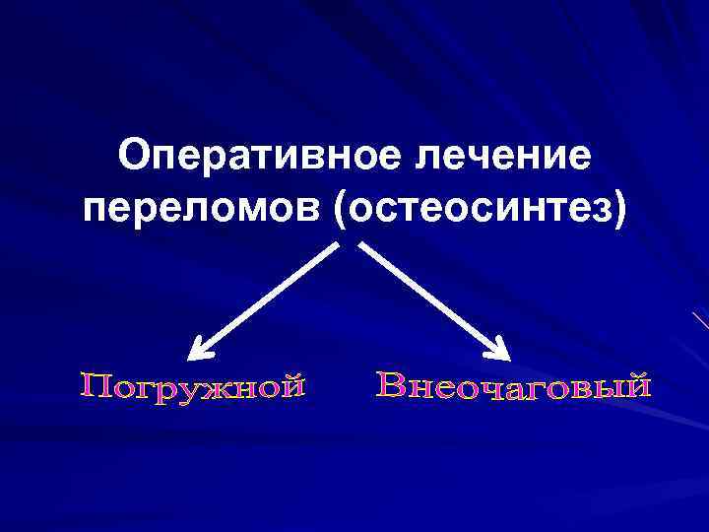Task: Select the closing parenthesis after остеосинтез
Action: (x=617, y=209)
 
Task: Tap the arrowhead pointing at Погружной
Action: (x=203, y=348)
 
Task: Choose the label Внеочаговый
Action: (x=514, y=387)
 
